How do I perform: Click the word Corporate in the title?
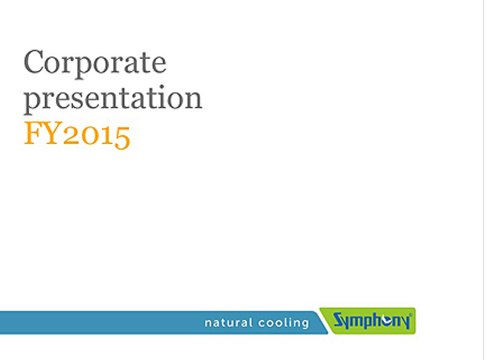coord(95,63)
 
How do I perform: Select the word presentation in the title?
coord(113,98)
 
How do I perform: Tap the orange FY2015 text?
coord(77,135)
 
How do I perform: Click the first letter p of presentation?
coord(33,101)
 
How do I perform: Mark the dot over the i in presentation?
coord(161,86)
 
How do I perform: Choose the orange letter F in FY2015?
coord(33,133)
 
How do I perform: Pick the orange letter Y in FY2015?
coord(51,133)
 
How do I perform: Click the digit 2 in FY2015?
coord(72,136)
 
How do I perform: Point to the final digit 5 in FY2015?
coord(122,138)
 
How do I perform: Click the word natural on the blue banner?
coord(228,323)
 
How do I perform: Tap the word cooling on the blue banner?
coord(283,323)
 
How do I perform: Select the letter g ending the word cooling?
coord(305,325)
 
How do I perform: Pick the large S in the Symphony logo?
coord(338,320)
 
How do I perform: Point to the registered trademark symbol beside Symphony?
coord(410,316)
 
